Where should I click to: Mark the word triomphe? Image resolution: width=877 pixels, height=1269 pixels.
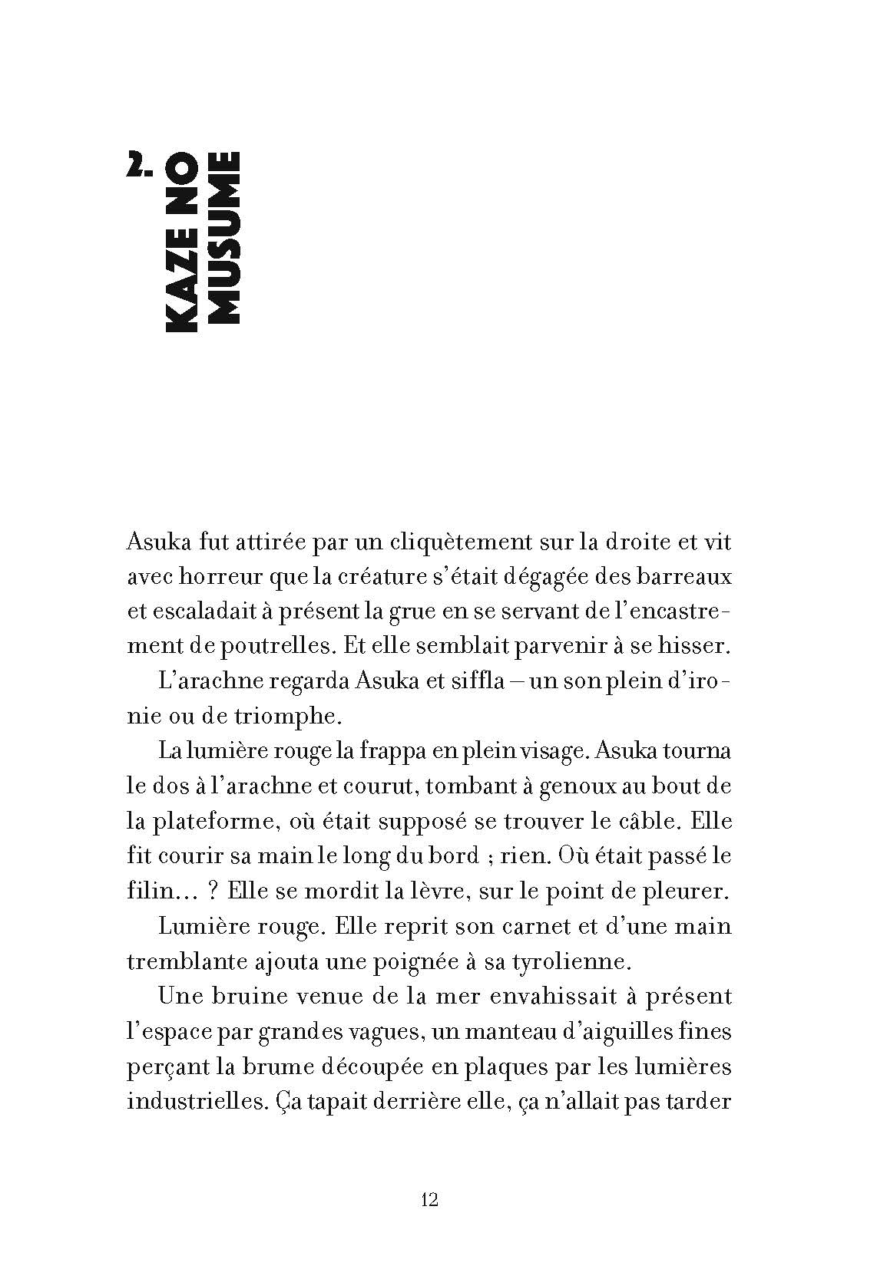(294, 716)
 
